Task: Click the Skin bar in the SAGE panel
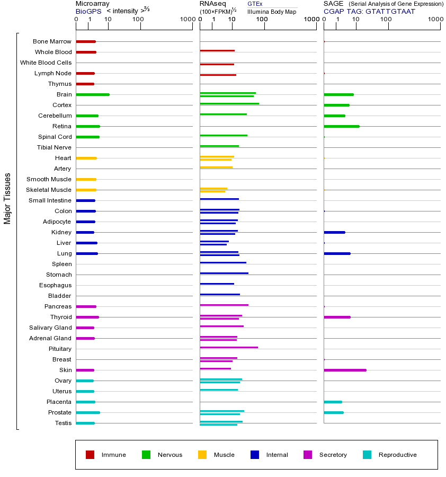[345, 370]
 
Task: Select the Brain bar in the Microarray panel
[93, 94]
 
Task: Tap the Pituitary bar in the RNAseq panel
[229, 347]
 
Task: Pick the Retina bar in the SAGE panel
[342, 126]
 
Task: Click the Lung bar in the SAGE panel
[337, 253]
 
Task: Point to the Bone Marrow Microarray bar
[86, 41]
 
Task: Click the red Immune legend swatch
[90, 455]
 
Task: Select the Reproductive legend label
[397, 455]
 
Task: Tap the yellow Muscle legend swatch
[202, 455]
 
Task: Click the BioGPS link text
[88, 11]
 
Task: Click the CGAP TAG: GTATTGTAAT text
[369, 11]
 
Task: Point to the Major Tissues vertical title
[7, 198]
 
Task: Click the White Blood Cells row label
[46, 63]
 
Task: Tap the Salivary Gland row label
[50, 328]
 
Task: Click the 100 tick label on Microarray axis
[138, 20]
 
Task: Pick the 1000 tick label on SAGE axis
[435, 20]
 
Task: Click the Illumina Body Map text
[272, 11]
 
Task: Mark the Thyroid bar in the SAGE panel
[337, 317]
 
